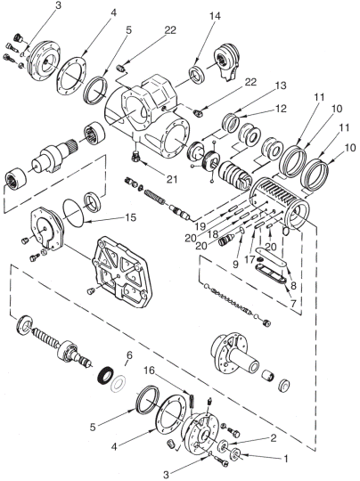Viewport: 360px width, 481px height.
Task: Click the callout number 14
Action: click(215, 16)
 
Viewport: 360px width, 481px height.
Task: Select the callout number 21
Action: click(172, 179)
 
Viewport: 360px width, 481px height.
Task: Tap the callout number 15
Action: click(130, 217)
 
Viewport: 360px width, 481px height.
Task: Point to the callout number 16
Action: click(150, 371)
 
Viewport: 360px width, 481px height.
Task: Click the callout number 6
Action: click(129, 355)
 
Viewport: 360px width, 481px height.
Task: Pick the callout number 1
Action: click(286, 459)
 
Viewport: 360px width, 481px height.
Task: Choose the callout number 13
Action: click(281, 86)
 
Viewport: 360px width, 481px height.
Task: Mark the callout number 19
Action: click(200, 226)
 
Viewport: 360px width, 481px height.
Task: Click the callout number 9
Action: click(235, 265)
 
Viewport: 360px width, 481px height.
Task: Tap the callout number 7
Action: click(292, 304)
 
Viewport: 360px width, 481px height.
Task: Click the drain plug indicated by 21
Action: click(135, 157)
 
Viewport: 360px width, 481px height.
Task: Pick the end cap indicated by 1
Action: click(237, 453)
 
